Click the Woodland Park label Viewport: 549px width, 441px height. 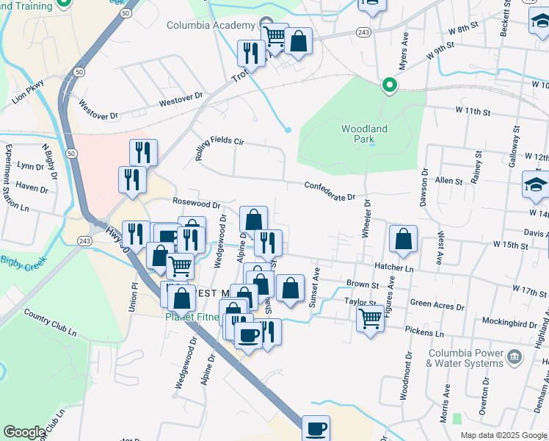tap(364, 134)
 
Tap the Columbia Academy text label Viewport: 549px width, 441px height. tap(209, 26)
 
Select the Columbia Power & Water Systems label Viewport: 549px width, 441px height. tap(461, 358)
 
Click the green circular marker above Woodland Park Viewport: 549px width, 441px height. tap(388, 87)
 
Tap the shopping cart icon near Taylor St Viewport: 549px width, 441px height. tap(371, 319)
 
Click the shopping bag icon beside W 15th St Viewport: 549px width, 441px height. tap(403, 238)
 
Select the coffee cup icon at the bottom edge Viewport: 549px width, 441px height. tap(316, 428)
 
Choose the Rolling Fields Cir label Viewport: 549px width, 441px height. tap(218, 140)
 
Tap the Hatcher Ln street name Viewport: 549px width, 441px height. tap(394, 269)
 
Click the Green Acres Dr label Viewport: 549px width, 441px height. tap(436, 302)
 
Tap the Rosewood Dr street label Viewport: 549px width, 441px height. tap(196, 203)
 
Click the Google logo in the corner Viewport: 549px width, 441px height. tap(24, 432)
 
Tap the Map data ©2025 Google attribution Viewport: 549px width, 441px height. tap(503, 435)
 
